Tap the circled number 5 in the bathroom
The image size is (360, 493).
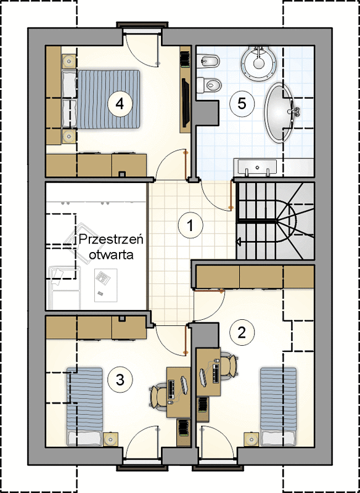click(x=242, y=104)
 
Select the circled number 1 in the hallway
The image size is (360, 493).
click(x=190, y=225)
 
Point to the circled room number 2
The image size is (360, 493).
click(x=242, y=333)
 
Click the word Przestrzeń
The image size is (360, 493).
click(x=111, y=241)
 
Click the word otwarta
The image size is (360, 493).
click(x=111, y=255)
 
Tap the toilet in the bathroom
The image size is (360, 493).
click(x=209, y=84)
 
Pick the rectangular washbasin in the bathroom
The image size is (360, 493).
click(x=257, y=166)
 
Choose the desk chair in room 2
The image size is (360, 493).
click(x=229, y=365)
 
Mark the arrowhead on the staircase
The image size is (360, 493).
click(x=238, y=242)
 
